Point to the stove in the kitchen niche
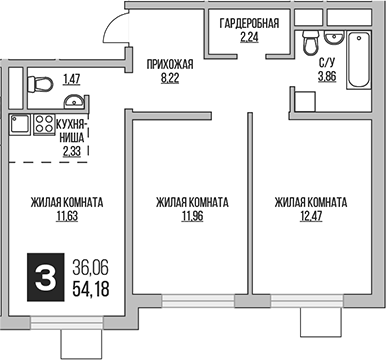coord(43,126)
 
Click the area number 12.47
coord(311,216)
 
